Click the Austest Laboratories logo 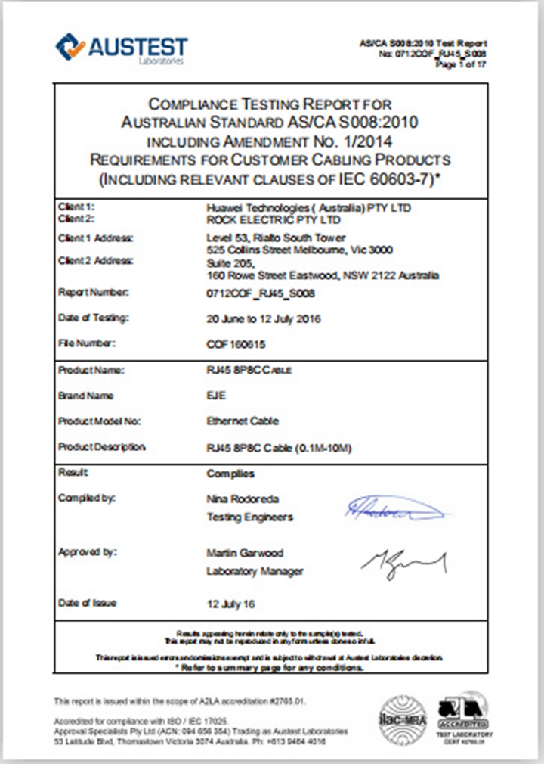[x=122, y=48]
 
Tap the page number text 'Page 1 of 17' [x=461, y=65]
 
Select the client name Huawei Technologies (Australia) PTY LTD [x=309, y=207]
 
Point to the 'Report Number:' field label [x=94, y=292]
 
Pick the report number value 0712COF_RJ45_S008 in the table [x=261, y=293]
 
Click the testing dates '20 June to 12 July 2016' [x=264, y=318]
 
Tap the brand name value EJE [x=217, y=396]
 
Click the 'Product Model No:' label [x=100, y=421]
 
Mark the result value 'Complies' [x=230, y=474]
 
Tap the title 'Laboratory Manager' [x=255, y=571]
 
